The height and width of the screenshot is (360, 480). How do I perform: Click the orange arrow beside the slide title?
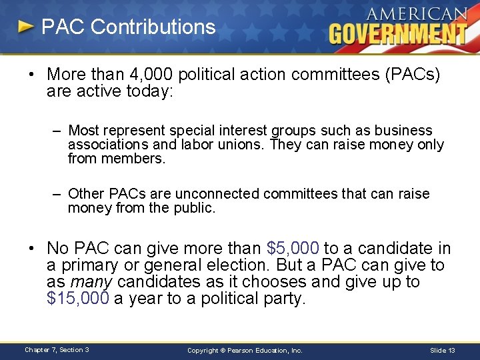click(x=26, y=27)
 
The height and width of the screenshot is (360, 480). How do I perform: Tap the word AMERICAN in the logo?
click(x=417, y=14)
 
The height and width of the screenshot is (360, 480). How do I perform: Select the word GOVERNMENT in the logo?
click(x=397, y=33)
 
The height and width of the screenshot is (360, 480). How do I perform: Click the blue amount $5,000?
click(x=293, y=249)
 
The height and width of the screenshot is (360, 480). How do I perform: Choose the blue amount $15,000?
click(x=77, y=299)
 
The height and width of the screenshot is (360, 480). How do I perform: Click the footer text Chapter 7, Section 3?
click(x=57, y=350)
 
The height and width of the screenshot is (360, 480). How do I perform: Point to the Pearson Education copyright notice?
click(x=245, y=350)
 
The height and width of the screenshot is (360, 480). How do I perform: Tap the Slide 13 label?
click(x=443, y=350)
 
